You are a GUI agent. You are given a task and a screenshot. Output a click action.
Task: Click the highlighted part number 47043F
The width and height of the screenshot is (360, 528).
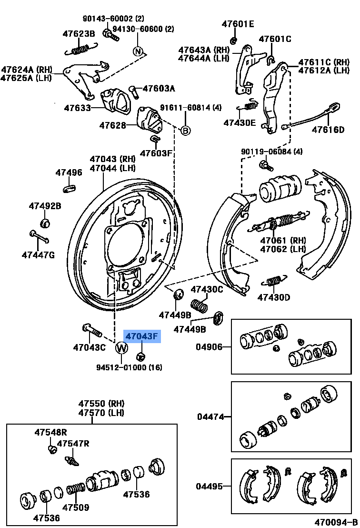coord(142,337)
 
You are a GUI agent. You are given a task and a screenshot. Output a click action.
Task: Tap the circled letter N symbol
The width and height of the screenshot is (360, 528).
coord(138,51)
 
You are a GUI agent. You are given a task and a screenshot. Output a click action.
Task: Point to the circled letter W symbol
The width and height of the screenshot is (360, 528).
coord(121,348)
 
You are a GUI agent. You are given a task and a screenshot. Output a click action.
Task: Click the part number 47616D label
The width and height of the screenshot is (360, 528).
coord(328,130)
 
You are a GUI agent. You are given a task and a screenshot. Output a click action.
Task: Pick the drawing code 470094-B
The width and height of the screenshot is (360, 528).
coord(335,522)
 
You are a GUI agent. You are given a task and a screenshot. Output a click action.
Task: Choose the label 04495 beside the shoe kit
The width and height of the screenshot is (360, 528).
coord(209,486)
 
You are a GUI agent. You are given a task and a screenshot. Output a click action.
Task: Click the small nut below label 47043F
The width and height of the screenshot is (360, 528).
coord(141,355)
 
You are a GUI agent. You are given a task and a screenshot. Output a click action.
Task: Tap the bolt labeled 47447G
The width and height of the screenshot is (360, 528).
coord(39,236)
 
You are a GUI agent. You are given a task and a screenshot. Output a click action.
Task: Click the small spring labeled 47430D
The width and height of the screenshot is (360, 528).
coord(274,282)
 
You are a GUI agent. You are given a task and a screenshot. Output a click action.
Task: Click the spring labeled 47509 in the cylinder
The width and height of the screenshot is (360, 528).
coord(76,489)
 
